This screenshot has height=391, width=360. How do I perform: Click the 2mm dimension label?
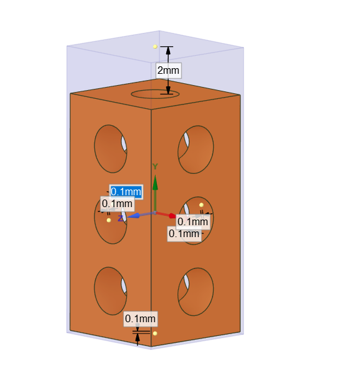pos(168,70)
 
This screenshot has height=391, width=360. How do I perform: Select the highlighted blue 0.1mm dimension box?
pos(126,191)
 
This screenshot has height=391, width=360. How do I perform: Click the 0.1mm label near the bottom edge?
pos(141,318)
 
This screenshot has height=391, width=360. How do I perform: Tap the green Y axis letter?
pos(155,166)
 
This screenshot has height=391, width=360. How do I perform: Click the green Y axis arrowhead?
pos(155,183)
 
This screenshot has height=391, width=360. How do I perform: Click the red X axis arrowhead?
pos(172,216)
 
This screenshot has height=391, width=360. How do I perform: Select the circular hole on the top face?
pos(155,94)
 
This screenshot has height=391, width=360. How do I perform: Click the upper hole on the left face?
pos(111,149)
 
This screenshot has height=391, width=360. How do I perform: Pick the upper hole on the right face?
pos(196,150)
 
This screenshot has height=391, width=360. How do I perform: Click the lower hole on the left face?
pos(111,291)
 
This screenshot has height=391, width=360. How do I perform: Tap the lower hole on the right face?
pos(196,292)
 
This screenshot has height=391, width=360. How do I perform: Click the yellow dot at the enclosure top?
pos(155,47)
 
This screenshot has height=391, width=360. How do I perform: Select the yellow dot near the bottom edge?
pos(155,333)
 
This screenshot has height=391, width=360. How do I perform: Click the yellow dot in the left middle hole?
pos(109,220)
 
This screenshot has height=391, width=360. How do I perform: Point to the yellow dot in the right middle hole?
pos(201,205)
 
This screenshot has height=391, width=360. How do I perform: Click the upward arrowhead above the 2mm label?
pos(168,51)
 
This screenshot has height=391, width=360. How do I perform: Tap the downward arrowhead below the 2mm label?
pos(168,90)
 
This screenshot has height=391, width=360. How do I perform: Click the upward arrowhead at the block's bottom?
pos(137,338)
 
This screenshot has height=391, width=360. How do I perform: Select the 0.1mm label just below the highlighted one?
pos(117,203)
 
